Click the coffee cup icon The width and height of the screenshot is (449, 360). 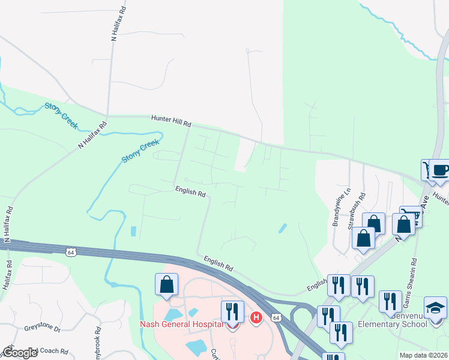439,170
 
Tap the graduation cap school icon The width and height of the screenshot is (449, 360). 436,308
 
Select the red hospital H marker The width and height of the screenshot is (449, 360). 256,317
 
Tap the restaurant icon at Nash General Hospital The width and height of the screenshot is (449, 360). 232,312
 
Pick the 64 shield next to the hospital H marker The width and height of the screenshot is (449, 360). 275,316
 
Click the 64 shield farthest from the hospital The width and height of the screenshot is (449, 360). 71,251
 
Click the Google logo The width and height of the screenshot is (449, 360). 20,353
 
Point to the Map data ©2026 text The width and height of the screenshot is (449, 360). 423,355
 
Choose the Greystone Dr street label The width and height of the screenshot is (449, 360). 43,329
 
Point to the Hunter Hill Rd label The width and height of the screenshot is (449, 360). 171,120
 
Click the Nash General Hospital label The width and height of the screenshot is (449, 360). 181,325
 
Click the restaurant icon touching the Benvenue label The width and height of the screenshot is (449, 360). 390,302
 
